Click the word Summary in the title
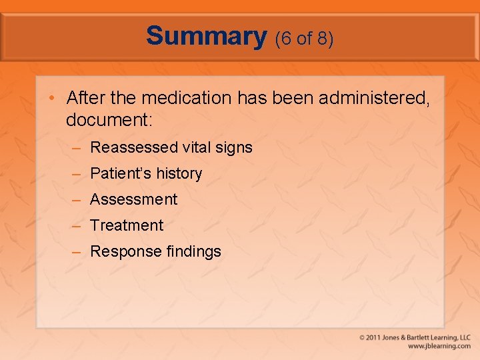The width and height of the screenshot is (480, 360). (x=207, y=36)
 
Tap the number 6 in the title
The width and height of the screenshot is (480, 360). (x=284, y=39)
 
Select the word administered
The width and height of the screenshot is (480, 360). (x=373, y=99)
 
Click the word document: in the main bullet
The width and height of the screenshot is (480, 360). (x=109, y=120)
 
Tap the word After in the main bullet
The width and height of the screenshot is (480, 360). (x=82, y=98)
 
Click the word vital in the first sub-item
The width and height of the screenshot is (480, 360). (x=197, y=147)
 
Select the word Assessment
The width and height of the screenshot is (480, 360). (x=133, y=199)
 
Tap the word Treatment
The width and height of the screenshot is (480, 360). (x=127, y=225)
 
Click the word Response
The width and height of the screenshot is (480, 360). (x=121, y=252)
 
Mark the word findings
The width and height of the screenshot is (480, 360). (x=191, y=251)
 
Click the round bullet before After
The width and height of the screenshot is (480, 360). (x=52, y=99)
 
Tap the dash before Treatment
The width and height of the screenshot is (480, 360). (x=77, y=226)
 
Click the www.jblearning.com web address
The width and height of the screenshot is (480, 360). (x=439, y=347)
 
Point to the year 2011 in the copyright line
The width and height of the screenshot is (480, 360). (x=376, y=338)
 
